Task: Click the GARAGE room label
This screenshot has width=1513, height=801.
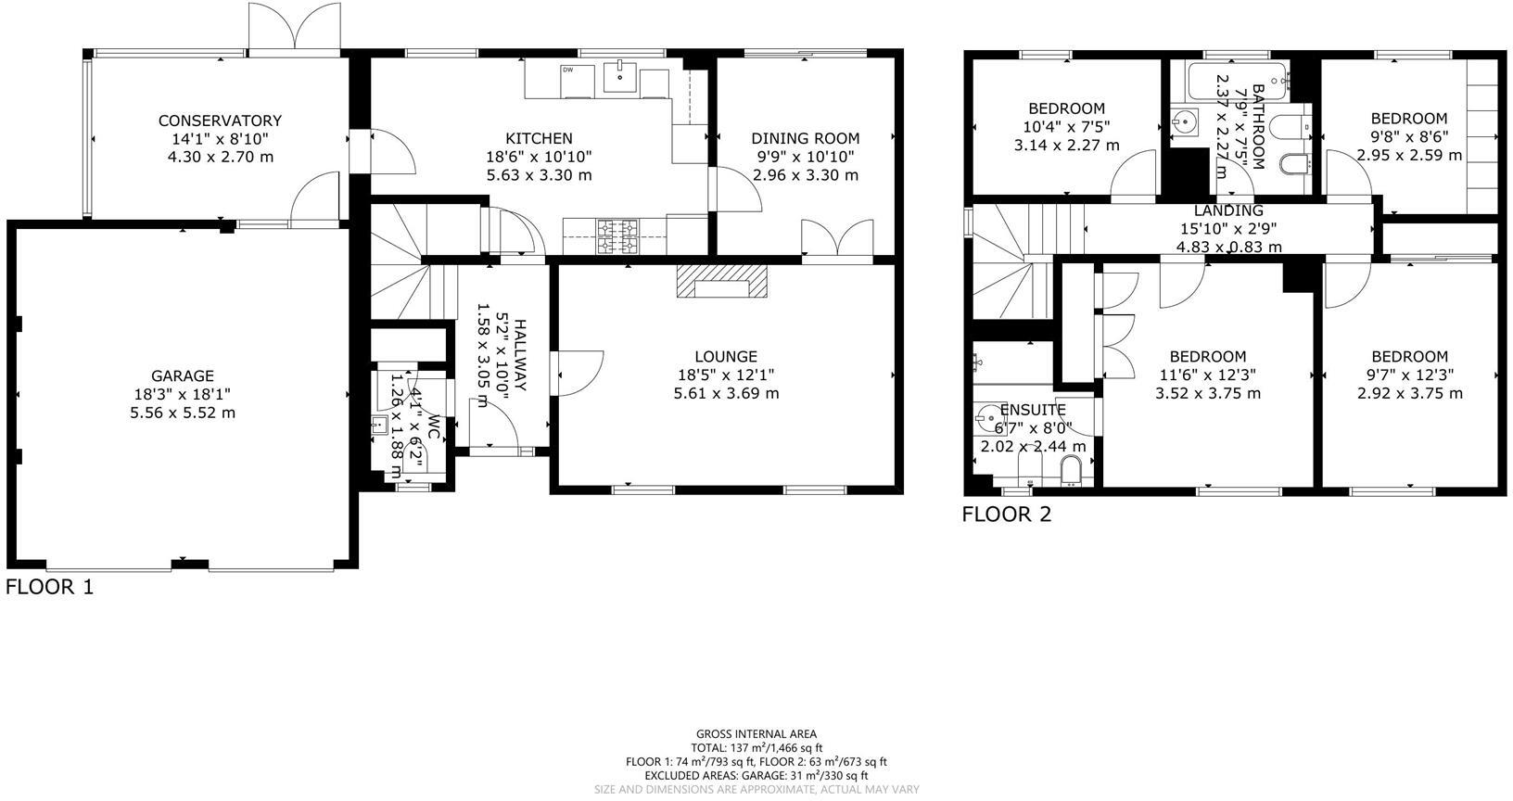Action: [x=183, y=375]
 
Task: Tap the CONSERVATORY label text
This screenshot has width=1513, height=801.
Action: [x=220, y=121]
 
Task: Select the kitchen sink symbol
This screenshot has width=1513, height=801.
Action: [x=619, y=78]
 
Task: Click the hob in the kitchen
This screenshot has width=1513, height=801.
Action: [x=617, y=235]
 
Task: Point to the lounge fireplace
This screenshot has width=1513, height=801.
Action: [x=722, y=281]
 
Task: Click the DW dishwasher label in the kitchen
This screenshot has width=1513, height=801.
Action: [x=566, y=70]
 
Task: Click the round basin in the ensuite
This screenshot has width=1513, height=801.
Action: [x=990, y=419]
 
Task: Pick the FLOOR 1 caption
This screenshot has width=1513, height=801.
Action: [x=49, y=587]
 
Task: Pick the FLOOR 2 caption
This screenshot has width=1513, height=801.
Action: [x=1006, y=515]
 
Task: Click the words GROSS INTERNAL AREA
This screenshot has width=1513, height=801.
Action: [x=756, y=734]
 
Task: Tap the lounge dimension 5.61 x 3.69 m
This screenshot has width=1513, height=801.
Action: [x=726, y=393]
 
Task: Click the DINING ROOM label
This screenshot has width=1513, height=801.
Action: [x=805, y=139]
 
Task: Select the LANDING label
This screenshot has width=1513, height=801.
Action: [x=1228, y=211]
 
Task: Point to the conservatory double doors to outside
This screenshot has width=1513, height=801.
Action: [x=294, y=28]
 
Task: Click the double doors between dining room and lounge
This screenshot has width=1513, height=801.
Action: [x=837, y=239]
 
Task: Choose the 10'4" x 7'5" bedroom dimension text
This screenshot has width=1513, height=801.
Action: [x=1066, y=127]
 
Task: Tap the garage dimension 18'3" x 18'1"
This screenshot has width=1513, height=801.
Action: [x=183, y=394]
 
